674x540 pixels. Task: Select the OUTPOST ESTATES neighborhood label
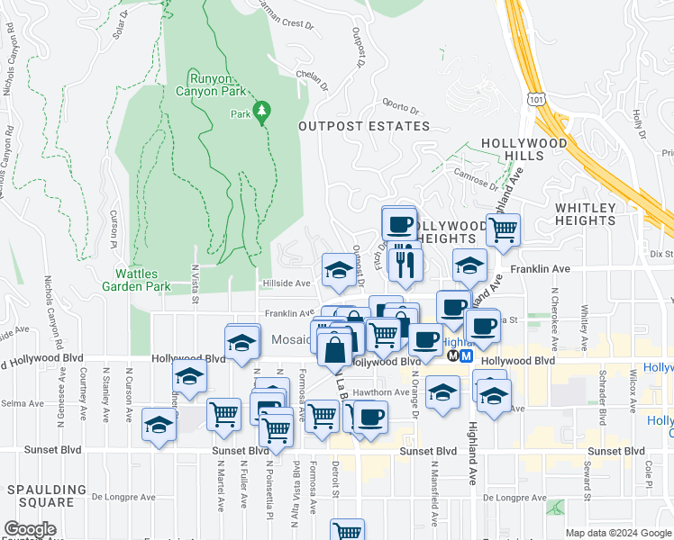coord(364,127)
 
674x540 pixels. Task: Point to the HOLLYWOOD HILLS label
coord(524,149)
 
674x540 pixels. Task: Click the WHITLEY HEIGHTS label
coord(585,214)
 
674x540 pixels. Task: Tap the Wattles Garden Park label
coord(142,280)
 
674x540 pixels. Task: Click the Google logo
coord(30,530)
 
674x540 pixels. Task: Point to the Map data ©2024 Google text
coord(617,533)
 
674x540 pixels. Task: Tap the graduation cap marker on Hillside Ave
coord(338,270)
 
